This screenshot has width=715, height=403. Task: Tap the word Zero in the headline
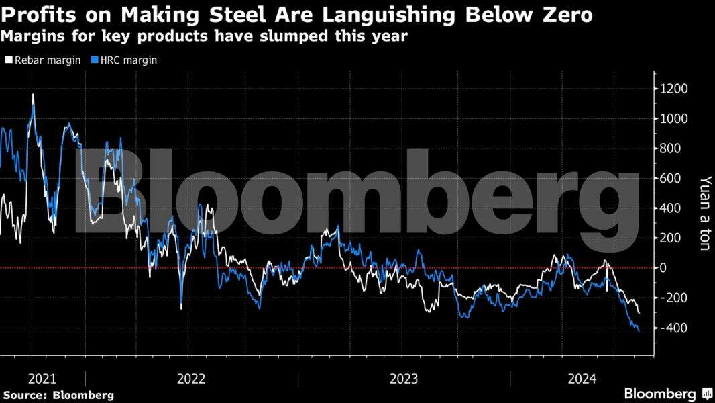pos(563,15)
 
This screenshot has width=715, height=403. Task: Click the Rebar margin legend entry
pos(43,60)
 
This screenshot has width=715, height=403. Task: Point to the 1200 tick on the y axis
pos(674,89)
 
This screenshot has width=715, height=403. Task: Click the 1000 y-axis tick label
pos(674,119)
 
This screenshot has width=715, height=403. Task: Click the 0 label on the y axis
pos(665,268)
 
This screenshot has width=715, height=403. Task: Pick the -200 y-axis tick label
pos(673,298)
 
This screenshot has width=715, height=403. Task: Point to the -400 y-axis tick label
pos(673,328)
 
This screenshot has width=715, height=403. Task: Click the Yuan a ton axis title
pos(704,214)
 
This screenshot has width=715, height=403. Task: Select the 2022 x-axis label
pos(191,379)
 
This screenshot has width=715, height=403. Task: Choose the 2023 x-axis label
pos(404,379)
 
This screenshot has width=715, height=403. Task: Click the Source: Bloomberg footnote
pos(58,395)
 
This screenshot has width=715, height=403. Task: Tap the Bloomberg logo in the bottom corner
pos(667,394)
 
